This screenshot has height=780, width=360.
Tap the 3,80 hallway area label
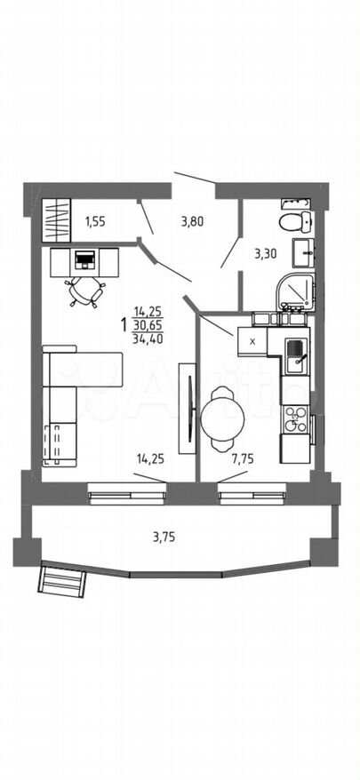192,221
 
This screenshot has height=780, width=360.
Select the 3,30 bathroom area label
266,254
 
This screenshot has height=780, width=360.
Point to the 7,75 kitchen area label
244,458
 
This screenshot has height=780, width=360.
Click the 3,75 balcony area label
164,537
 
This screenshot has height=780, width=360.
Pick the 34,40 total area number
148,339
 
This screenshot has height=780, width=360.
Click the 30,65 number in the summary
148,326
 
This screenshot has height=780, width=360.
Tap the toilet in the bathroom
295,221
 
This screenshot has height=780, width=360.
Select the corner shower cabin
296,292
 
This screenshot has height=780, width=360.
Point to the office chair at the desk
85,291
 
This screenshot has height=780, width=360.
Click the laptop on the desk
84,259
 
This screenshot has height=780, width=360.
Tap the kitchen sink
297,355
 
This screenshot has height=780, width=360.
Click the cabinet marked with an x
252,341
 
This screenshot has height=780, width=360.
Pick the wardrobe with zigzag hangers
56,220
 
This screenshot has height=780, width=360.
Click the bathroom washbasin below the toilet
303,252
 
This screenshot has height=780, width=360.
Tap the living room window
127,493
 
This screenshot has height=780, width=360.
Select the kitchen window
252,493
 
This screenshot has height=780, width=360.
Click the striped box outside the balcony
62,580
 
